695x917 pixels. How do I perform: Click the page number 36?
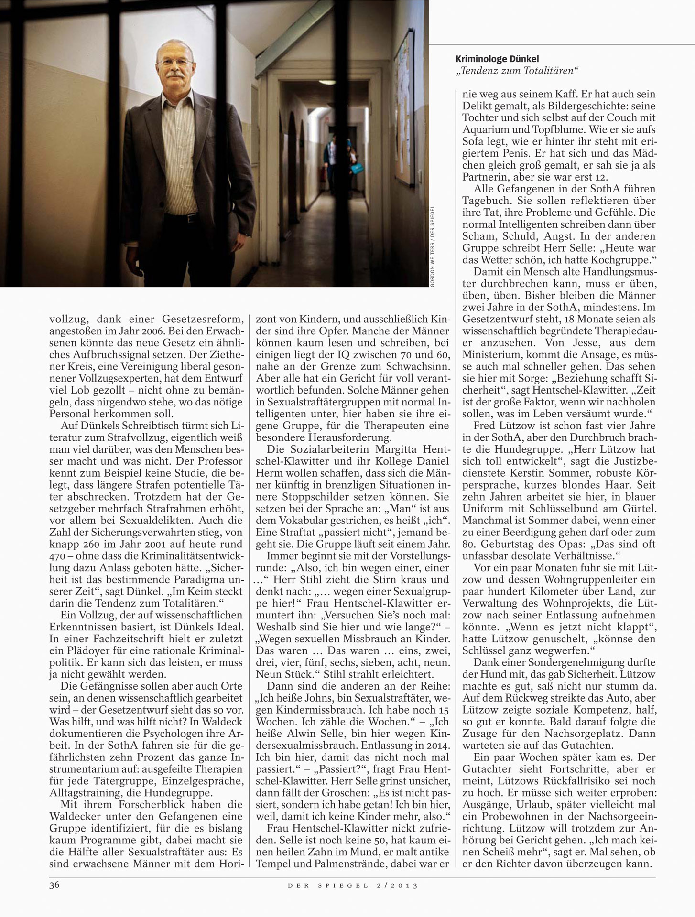pos(54,885)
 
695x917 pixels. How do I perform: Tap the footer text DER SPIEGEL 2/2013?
pos(352,885)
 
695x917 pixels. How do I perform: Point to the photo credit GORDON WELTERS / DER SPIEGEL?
pos(432,246)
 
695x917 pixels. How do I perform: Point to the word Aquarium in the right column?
pos(483,129)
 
